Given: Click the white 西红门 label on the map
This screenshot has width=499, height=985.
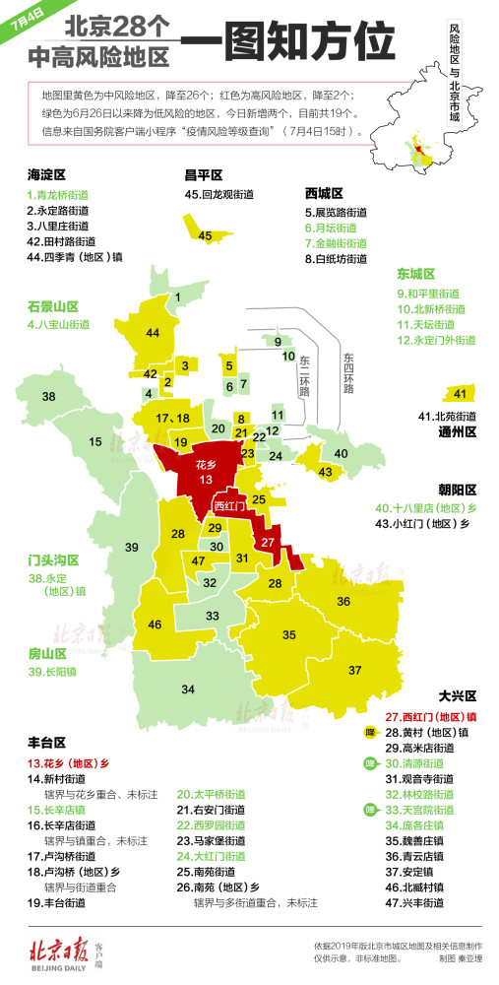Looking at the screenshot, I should [231, 504].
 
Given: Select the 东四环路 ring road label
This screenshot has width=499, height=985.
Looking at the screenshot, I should [347, 374].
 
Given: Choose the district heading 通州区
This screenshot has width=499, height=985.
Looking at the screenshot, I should [457, 431].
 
